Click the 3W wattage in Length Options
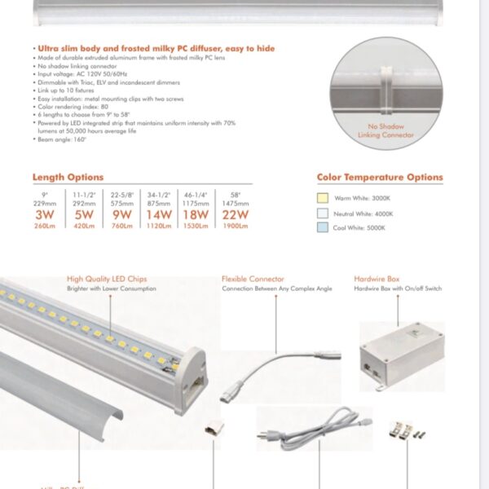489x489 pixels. point(43,215)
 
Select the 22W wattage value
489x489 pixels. point(234,215)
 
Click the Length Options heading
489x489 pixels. point(68,177)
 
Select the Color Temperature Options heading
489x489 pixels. point(380,177)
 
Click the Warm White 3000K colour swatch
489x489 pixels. point(324,197)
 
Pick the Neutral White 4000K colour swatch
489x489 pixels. point(324,213)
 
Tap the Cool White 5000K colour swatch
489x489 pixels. point(324,227)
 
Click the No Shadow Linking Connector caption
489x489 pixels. point(387,131)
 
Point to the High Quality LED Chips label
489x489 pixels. point(107,279)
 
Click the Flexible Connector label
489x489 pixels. point(253,279)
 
